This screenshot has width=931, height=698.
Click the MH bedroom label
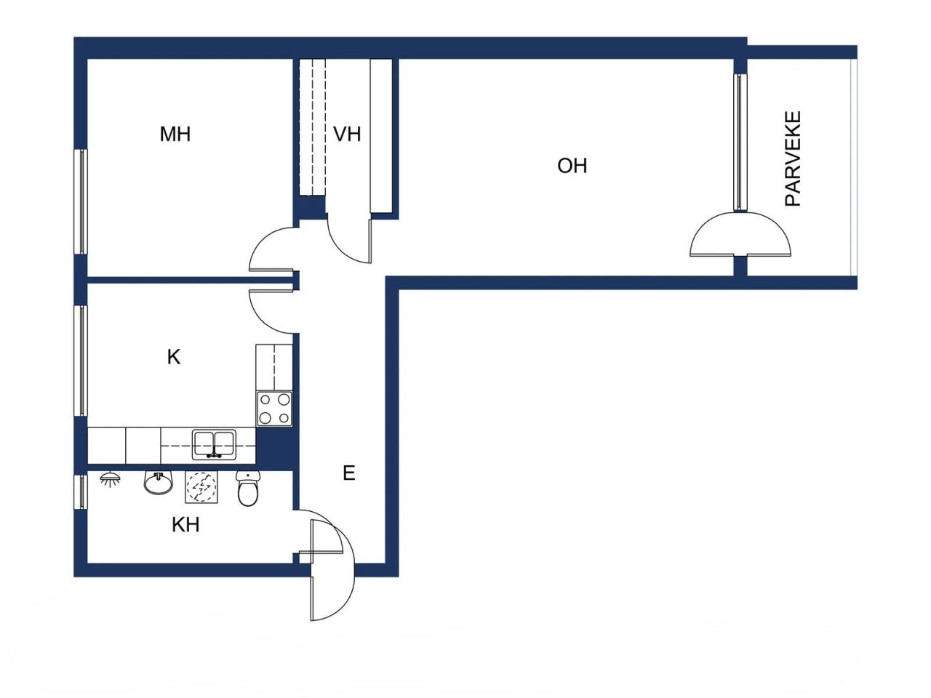(x=175, y=135)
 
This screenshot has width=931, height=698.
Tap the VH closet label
(x=347, y=135)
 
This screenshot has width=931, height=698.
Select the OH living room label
(x=572, y=166)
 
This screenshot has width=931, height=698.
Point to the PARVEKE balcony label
(x=793, y=159)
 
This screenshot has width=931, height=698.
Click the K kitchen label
(x=174, y=357)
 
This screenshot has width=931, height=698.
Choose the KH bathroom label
(x=185, y=524)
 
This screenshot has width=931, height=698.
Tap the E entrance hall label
(x=349, y=473)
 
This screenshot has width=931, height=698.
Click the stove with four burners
(x=274, y=409)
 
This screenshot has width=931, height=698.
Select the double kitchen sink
(x=214, y=444)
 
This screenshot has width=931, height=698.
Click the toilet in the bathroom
(x=248, y=488)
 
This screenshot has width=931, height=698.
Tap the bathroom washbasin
(x=157, y=481)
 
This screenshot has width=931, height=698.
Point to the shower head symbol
(x=110, y=480)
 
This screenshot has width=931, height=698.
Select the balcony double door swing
(x=740, y=234)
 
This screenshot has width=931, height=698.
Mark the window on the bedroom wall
(x=82, y=201)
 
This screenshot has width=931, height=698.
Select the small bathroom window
(x=82, y=492)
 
